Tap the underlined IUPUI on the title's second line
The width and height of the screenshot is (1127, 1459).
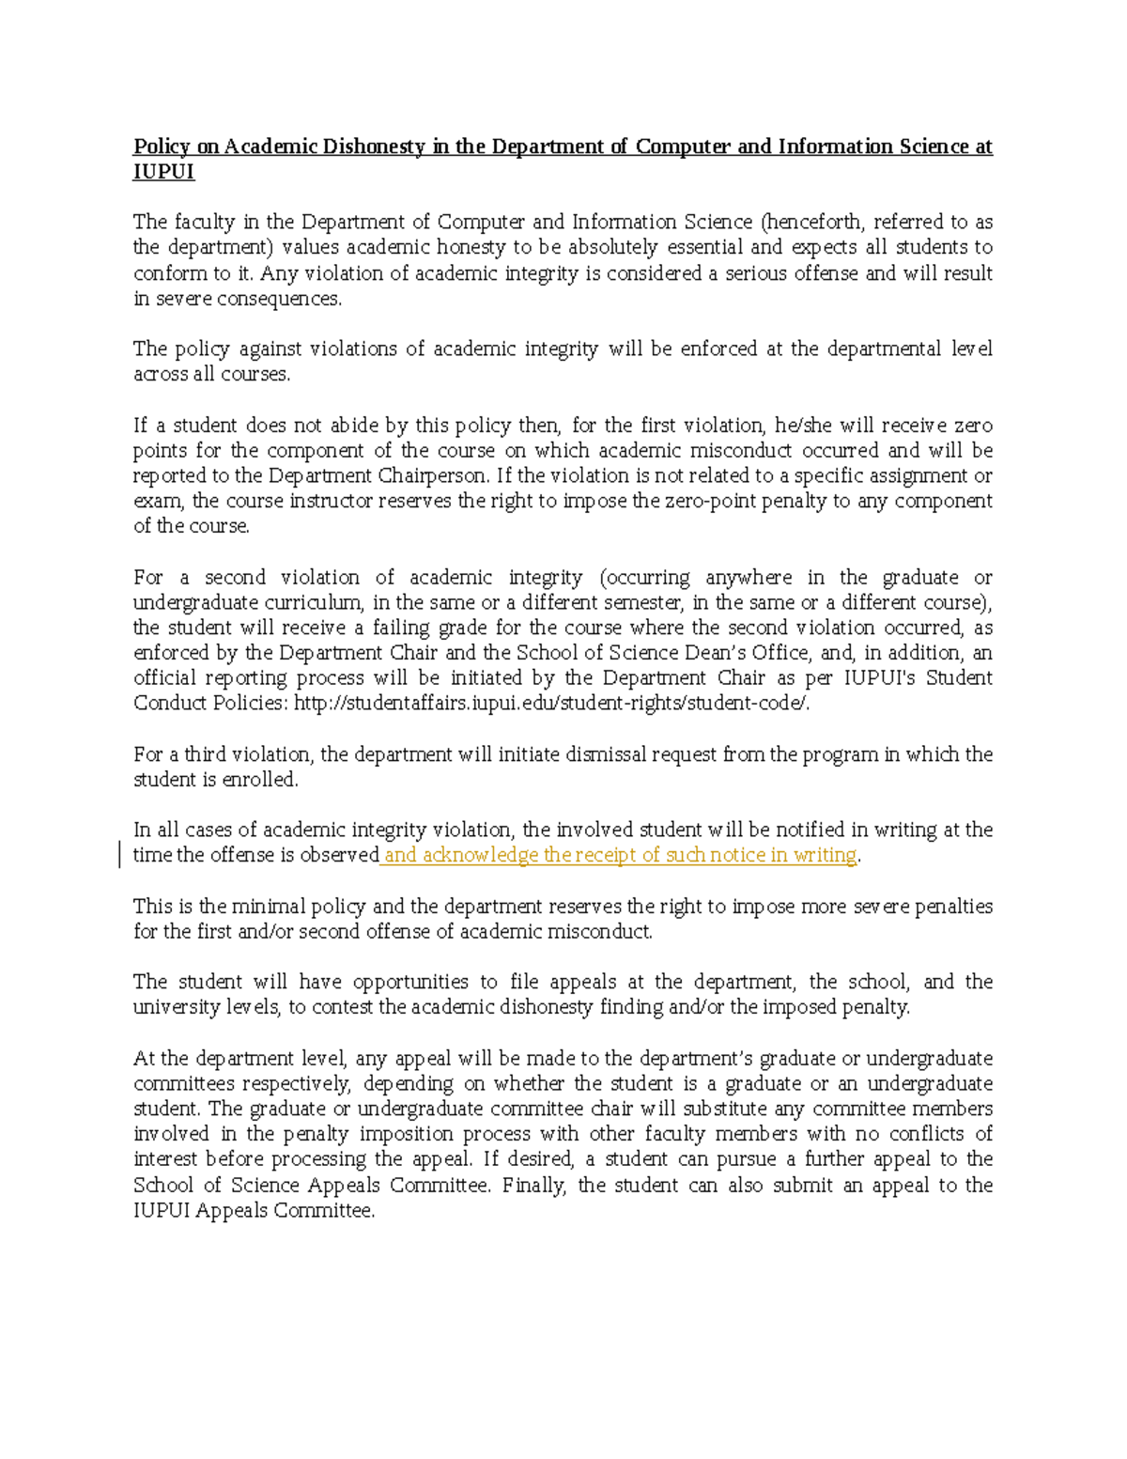point(163,172)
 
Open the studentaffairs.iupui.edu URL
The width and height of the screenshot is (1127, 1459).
point(551,704)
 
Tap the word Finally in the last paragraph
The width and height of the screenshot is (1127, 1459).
point(533,1186)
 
